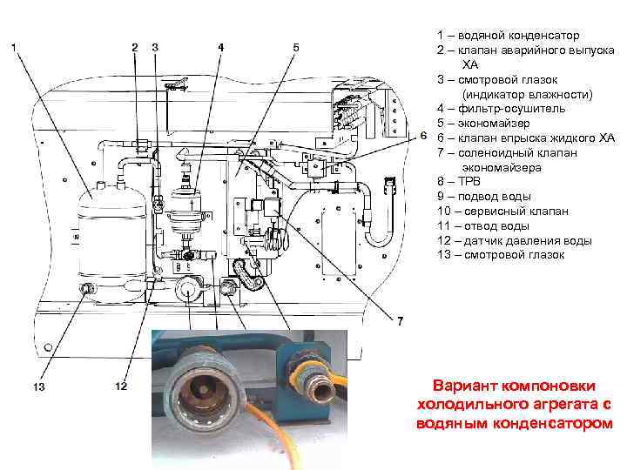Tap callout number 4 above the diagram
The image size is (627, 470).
click(221, 46)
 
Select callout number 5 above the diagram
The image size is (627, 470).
click(296, 46)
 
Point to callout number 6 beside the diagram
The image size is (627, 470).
click(423, 138)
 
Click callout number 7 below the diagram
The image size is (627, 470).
click(400, 322)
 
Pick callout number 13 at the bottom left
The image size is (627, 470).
click(39, 386)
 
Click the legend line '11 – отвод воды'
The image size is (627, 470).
click(483, 225)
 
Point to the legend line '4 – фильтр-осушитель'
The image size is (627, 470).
click(501, 108)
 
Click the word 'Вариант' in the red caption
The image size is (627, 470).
click(467, 385)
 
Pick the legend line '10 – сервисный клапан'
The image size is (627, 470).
click(502, 211)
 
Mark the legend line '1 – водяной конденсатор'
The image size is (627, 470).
click(508, 35)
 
